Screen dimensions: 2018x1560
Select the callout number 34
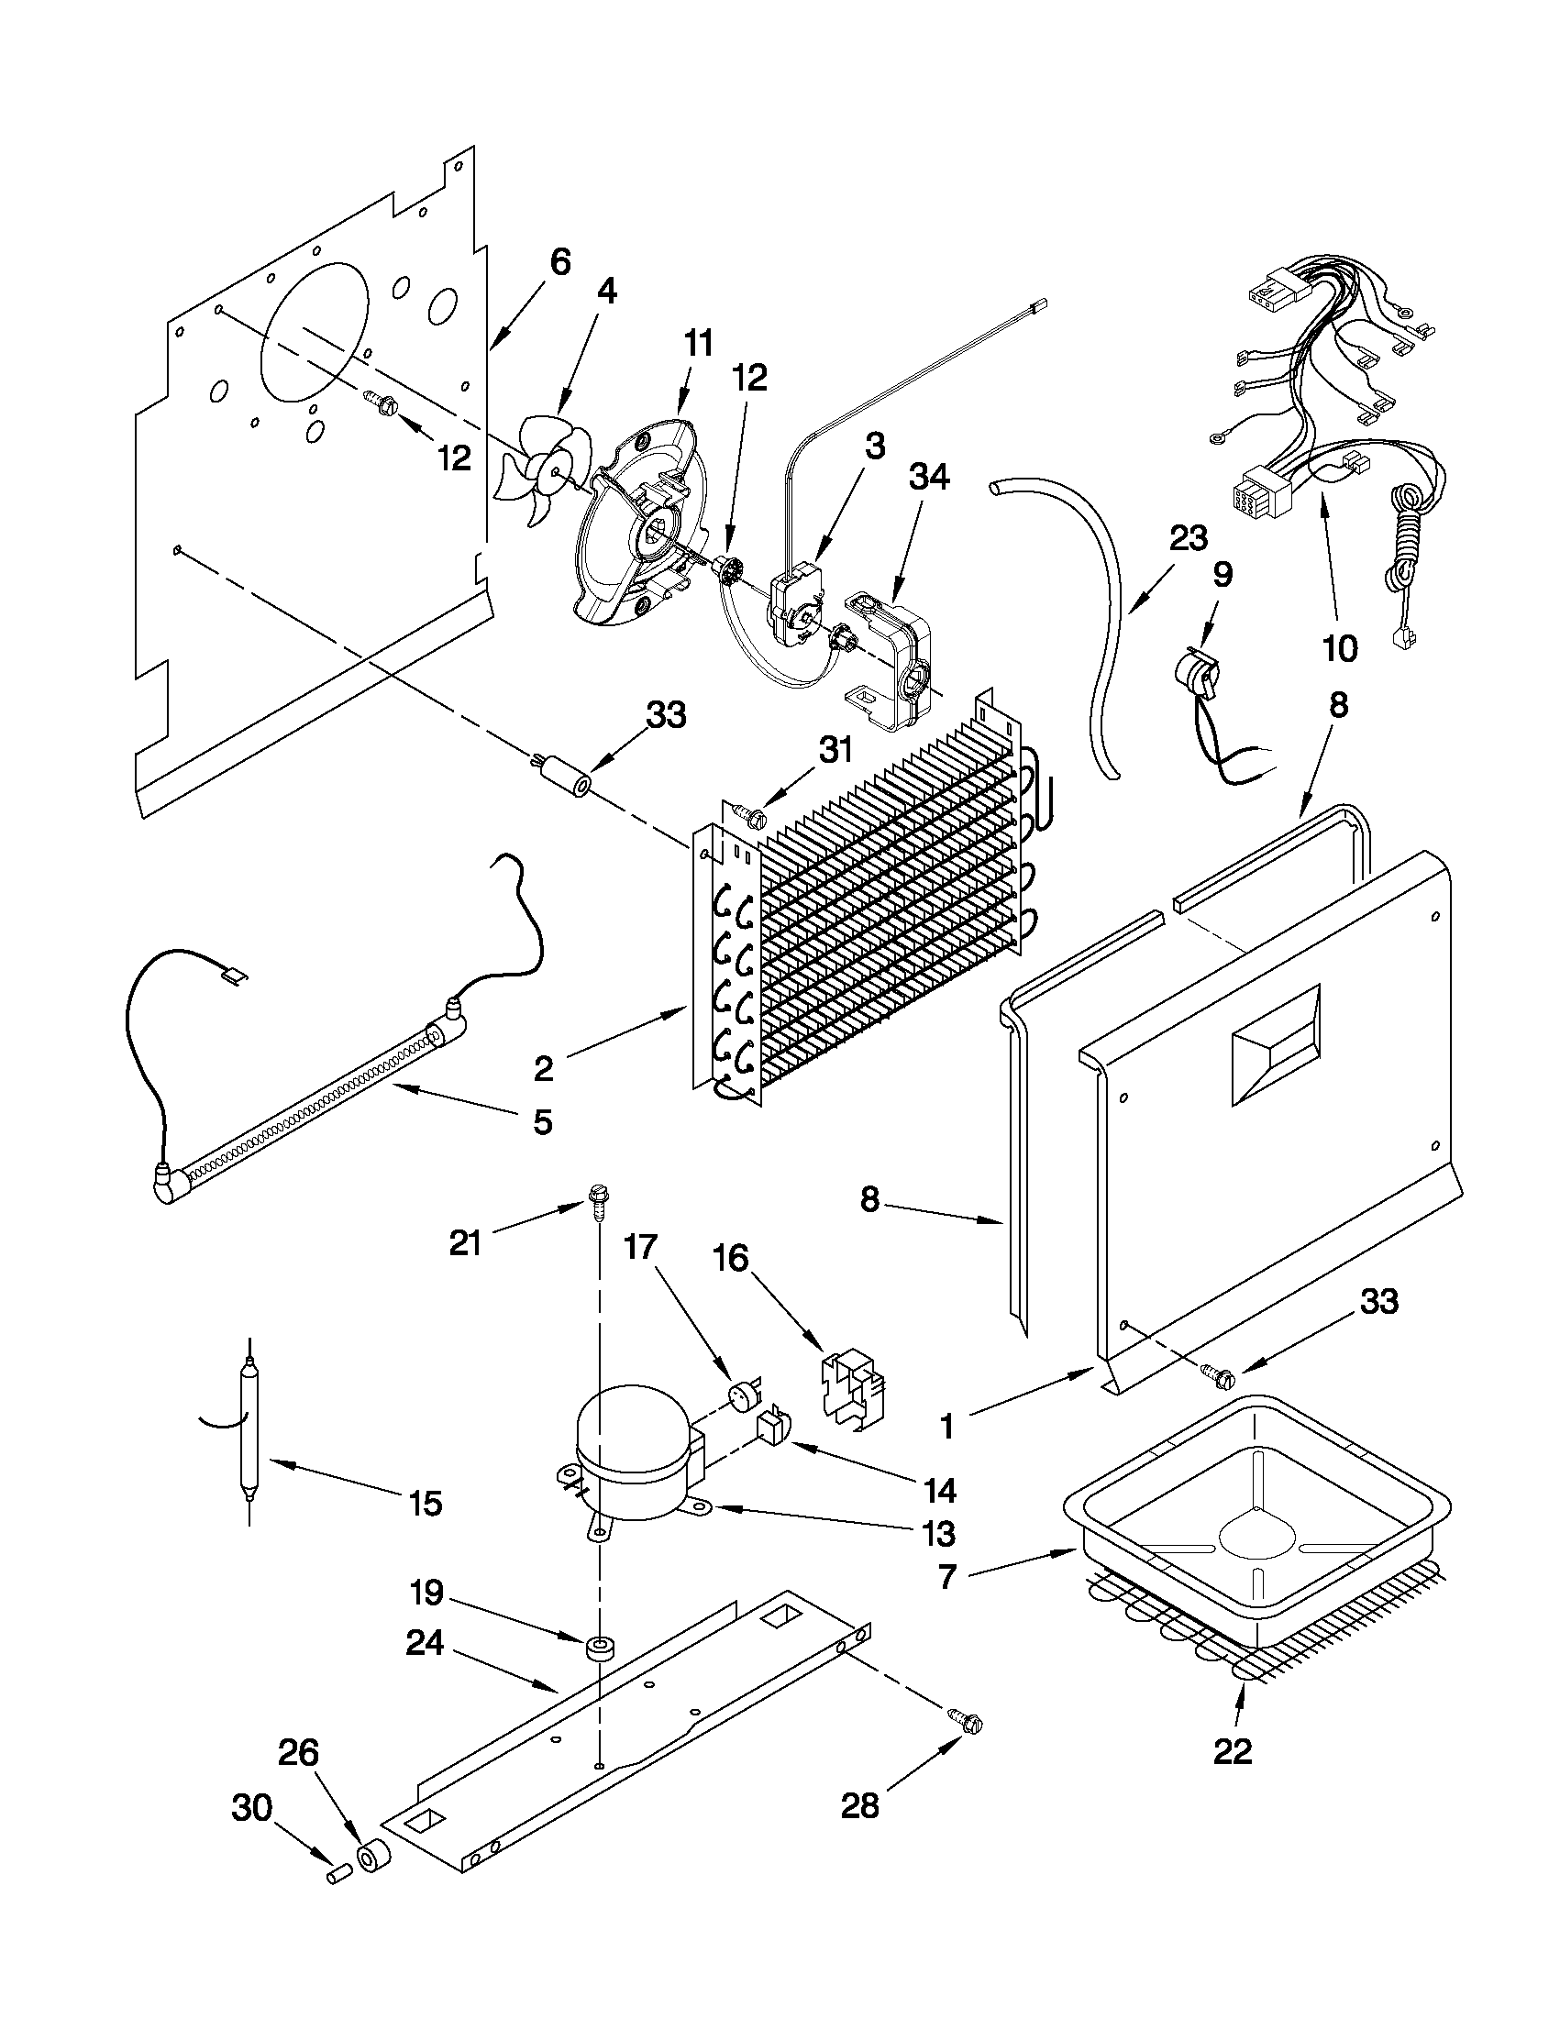coord(929,479)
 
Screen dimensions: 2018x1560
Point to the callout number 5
coord(543,1121)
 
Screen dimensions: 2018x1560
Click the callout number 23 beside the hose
coord(1189,538)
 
